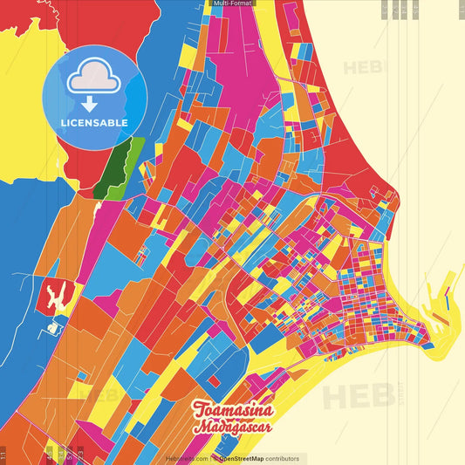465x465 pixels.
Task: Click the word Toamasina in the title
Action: coord(233,411)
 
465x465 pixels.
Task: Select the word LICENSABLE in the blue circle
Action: coord(94,123)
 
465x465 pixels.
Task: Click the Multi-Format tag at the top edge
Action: coord(232,3)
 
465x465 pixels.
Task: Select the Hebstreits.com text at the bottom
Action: coord(186,458)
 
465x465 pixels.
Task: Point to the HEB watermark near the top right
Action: coord(360,67)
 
